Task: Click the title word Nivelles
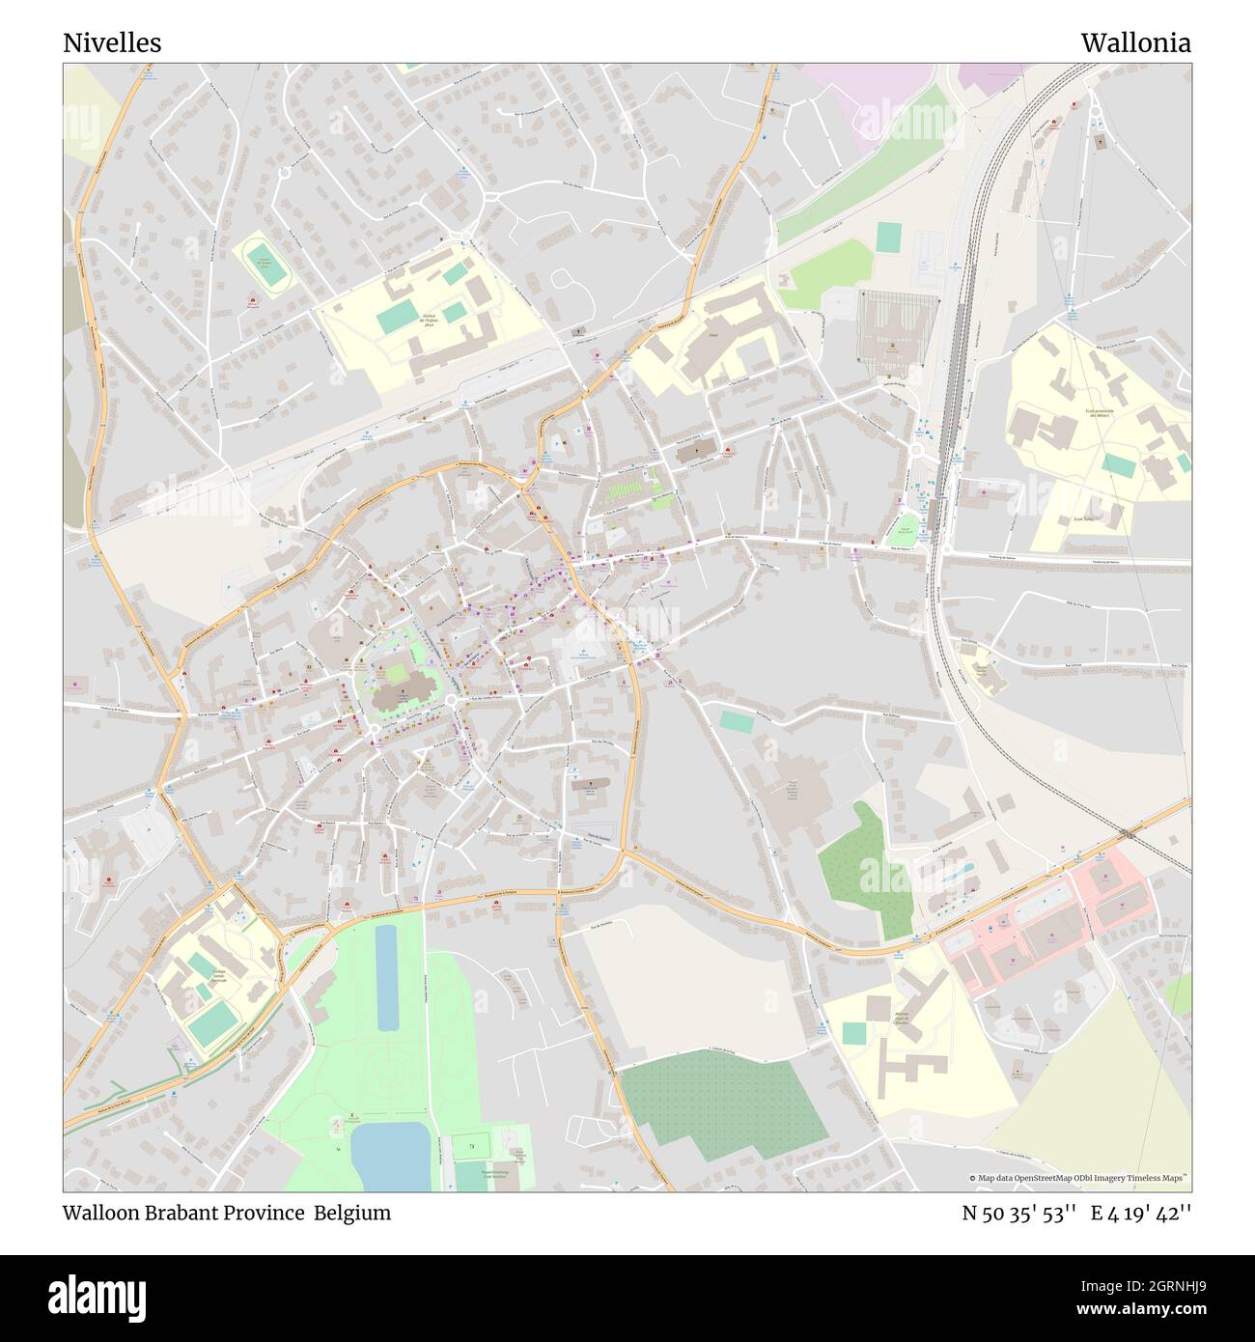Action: tap(112, 43)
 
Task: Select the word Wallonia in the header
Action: tap(1135, 43)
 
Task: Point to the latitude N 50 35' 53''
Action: tap(1019, 1213)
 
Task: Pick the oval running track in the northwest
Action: tap(263, 264)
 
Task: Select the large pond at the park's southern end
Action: tap(390, 1156)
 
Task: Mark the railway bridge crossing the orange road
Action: tap(1128, 832)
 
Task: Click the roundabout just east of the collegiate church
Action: tap(451, 699)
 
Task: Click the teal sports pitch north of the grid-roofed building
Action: tap(889, 235)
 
